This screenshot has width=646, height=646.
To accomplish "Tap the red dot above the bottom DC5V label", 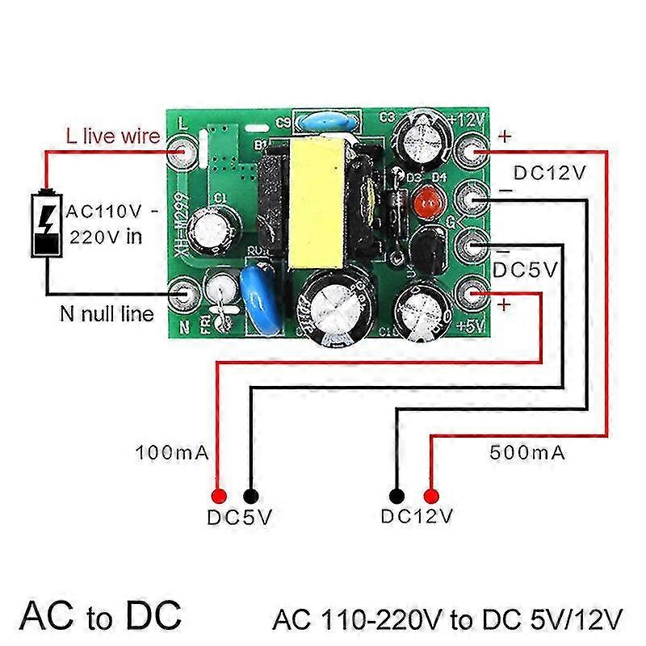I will [x=218, y=495].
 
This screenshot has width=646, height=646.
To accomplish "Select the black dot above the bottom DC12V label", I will [x=396, y=495].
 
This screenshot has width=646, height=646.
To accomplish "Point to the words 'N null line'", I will [x=106, y=313].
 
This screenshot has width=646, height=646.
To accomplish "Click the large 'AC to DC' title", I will [x=102, y=615].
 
